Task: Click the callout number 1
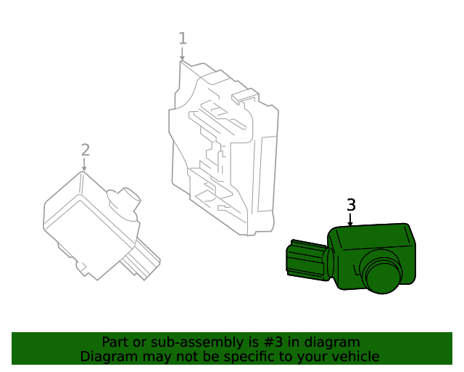pyautogui.click(x=183, y=39)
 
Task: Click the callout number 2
pyautogui.click(x=86, y=150)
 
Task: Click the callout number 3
pyautogui.click(x=351, y=205)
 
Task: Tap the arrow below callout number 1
pyautogui.click(x=183, y=54)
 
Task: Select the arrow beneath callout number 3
pyautogui.click(x=351, y=219)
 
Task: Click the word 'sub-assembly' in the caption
pyautogui.click(x=178, y=341)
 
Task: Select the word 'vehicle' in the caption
pyautogui.click(x=355, y=357)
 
